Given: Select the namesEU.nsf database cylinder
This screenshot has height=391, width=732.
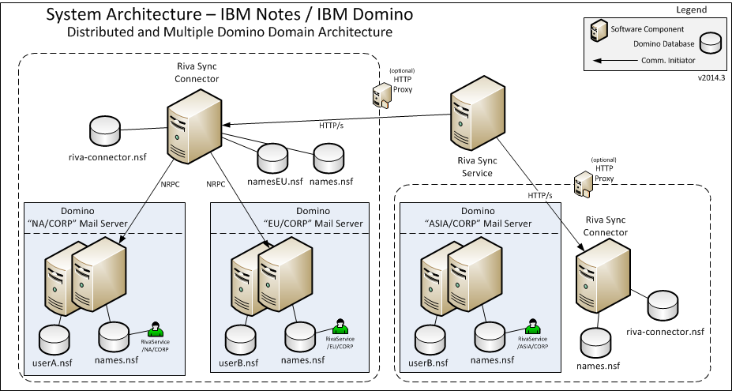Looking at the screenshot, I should (x=269, y=156).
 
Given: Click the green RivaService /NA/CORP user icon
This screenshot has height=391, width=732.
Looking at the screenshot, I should (x=156, y=327).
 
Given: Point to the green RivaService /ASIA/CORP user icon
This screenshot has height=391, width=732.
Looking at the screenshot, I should (x=533, y=327).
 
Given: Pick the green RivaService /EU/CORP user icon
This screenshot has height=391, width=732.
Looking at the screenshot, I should (x=340, y=327).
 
